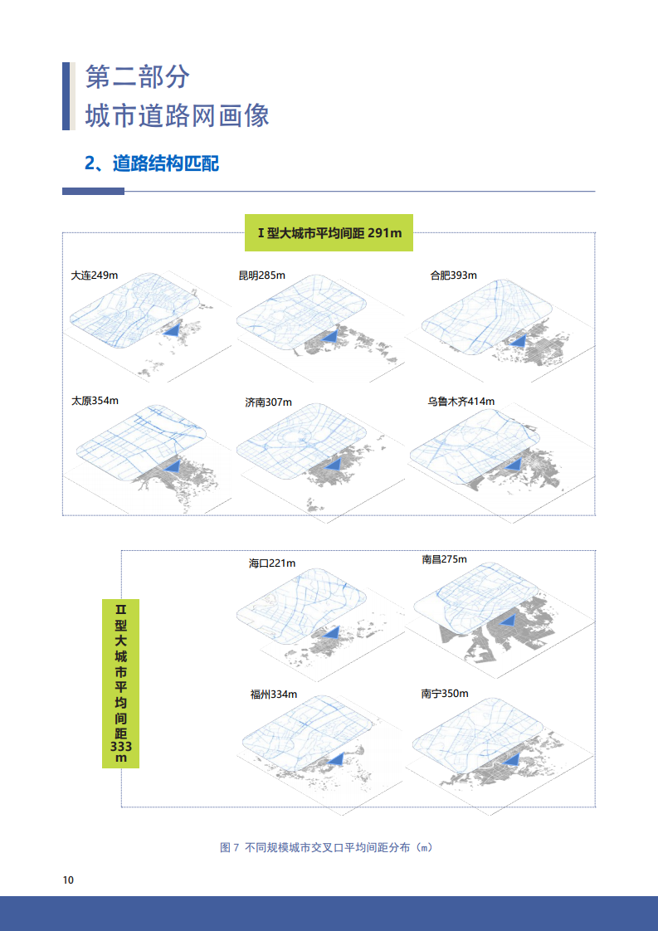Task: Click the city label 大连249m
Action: [x=95, y=275]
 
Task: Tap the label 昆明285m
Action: [x=262, y=275]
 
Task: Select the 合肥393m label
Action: [x=454, y=275]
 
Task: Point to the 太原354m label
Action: [x=95, y=401]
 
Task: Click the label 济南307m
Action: [x=268, y=402]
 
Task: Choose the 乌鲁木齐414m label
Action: [x=461, y=402]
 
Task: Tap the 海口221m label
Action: [x=272, y=563]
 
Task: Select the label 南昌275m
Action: [x=444, y=559]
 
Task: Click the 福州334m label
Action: [x=274, y=695]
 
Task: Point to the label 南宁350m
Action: [x=445, y=694]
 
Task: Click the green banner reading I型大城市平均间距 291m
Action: [x=329, y=232]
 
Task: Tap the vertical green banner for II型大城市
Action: [x=120, y=684]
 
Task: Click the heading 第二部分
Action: [x=137, y=77]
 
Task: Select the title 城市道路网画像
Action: [x=177, y=115]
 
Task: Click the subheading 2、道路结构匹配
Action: [x=152, y=163]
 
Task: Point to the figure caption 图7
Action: [x=326, y=847]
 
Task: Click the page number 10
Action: [x=68, y=880]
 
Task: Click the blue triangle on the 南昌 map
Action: [x=508, y=621]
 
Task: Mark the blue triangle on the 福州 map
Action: [x=336, y=758]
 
